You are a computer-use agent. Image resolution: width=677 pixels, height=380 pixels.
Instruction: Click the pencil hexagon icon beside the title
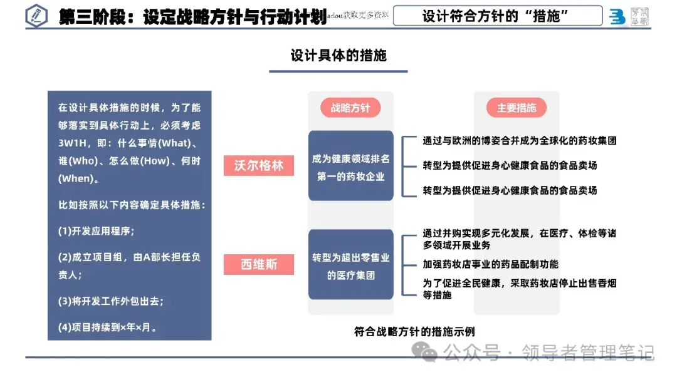pyautogui.click(x=37, y=16)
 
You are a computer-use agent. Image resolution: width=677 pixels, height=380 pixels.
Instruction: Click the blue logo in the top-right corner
pyautogui.click(x=617, y=17)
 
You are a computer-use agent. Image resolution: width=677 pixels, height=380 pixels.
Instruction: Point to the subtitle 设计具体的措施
pyautogui.click(x=338, y=55)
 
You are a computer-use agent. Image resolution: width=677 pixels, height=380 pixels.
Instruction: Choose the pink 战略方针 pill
pyautogui.click(x=350, y=108)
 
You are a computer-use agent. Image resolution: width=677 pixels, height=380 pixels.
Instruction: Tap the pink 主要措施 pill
pyautogui.click(x=517, y=108)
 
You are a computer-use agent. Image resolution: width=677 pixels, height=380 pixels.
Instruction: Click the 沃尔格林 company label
pyautogui.click(x=259, y=166)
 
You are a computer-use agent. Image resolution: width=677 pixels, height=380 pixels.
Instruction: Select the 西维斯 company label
pyautogui.click(x=259, y=264)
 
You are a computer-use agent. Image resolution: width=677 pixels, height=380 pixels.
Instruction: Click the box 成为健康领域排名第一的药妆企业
pyautogui.click(x=350, y=167)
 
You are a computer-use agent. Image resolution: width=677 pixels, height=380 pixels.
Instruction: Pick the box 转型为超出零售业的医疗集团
pyautogui.click(x=350, y=266)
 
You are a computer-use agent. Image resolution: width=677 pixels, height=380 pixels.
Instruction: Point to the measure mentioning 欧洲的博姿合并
pyautogui.click(x=520, y=140)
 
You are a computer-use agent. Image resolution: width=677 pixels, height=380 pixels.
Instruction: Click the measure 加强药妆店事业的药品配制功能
pyautogui.click(x=490, y=264)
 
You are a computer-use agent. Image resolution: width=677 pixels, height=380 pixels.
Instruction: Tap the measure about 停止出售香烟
pyautogui.click(x=520, y=289)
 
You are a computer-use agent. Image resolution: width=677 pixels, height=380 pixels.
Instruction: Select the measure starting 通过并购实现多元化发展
pyautogui.click(x=520, y=239)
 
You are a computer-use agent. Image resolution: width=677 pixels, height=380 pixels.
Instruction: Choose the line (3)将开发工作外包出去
pyautogui.click(x=111, y=300)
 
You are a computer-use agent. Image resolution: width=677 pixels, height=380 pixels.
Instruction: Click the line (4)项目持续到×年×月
pyautogui.click(x=108, y=327)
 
